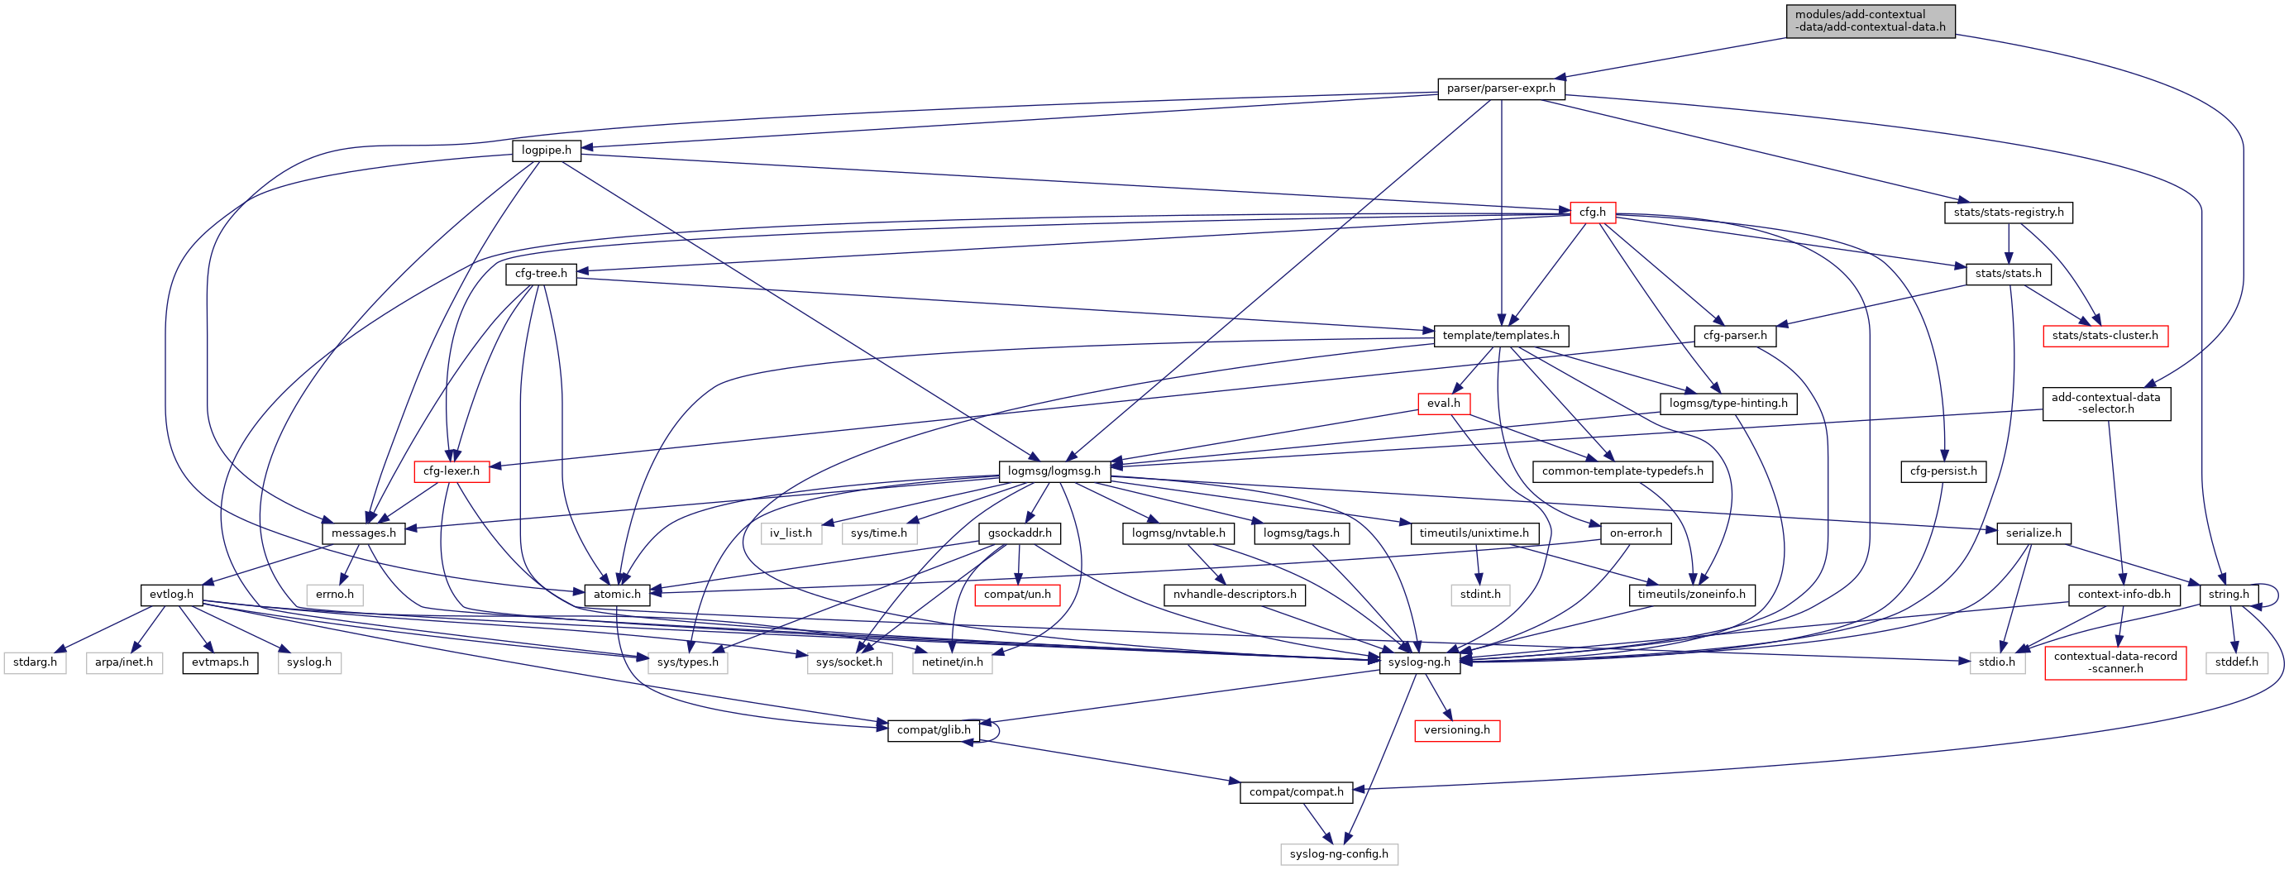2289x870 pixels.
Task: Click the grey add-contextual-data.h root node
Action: pos(1870,21)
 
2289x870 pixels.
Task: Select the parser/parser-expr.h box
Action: pos(1501,88)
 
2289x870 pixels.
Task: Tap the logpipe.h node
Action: pos(547,151)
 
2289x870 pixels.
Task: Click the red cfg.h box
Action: pos(1593,213)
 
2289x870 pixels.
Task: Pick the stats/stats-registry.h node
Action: pos(2008,213)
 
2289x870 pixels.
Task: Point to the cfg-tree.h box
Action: pos(541,274)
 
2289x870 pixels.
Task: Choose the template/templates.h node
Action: pos(1501,336)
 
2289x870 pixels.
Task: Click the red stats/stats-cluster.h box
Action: pos(2104,336)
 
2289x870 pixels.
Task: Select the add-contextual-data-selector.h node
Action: pos(2105,404)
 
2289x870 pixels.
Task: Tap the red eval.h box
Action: pos(1443,404)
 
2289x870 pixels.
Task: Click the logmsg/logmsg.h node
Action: pos(1054,471)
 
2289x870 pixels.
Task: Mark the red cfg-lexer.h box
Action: pos(452,471)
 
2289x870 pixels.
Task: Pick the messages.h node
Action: pos(363,533)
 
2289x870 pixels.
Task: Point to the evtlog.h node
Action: pos(171,595)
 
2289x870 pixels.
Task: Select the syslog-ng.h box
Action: pos(1419,662)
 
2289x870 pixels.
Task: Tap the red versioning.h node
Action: pos(1456,730)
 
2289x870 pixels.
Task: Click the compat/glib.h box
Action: pos(934,730)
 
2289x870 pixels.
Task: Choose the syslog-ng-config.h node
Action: pos(1338,854)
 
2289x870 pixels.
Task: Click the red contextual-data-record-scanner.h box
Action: pos(2115,662)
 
